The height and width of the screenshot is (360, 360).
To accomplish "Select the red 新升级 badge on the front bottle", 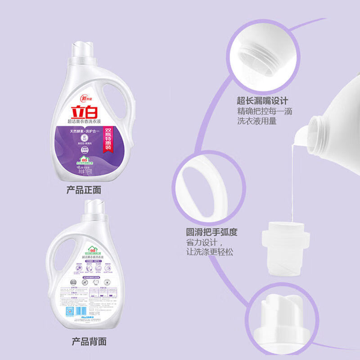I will pos(72,97).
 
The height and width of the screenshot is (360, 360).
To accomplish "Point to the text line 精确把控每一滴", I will pos(265,111).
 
